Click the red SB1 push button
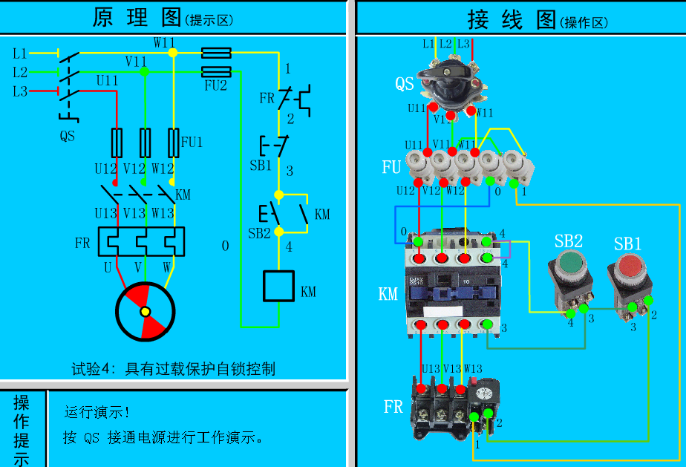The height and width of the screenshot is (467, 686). [x=629, y=265]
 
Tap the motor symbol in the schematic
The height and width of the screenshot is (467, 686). [x=146, y=311]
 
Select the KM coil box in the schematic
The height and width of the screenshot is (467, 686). [x=278, y=286]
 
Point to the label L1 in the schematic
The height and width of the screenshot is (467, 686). [x=20, y=53]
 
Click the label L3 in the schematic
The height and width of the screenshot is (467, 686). [x=20, y=91]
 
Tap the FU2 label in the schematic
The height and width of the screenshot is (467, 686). [x=215, y=85]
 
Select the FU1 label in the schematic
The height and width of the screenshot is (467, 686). [x=192, y=142]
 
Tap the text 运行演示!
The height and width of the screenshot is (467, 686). [x=97, y=412]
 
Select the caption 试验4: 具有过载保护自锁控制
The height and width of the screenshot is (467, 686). [x=173, y=368]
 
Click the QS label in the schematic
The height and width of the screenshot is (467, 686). [x=68, y=137]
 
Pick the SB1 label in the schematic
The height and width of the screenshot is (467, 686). [x=261, y=166]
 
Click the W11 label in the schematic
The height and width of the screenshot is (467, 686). [x=164, y=42]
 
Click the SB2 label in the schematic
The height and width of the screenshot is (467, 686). [x=260, y=232]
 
